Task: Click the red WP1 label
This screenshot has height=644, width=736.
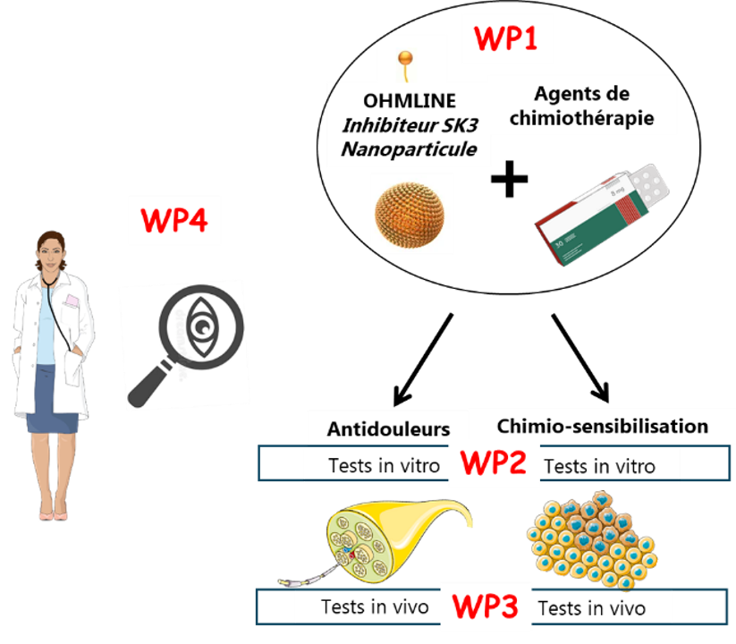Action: click(x=505, y=38)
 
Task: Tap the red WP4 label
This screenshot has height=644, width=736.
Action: click(x=174, y=219)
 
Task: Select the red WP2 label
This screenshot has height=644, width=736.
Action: click(x=494, y=462)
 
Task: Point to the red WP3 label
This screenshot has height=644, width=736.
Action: click(x=486, y=606)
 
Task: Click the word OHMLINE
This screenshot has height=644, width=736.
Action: click(x=410, y=100)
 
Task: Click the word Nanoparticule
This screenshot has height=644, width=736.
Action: click(x=409, y=149)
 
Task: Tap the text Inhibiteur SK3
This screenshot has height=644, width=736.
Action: click(x=410, y=125)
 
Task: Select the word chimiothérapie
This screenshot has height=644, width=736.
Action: click(x=581, y=118)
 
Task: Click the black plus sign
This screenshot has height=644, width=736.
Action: click(x=509, y=179)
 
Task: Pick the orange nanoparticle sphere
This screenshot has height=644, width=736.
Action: click(x=410, y=215)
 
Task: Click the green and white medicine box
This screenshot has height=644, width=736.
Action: click(x=603, y=215)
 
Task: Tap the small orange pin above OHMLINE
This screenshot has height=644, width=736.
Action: click(x=405, y=65)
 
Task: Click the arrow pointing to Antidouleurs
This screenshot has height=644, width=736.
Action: click(x=423, y=360)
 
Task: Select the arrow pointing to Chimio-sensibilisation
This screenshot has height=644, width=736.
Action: click(x=580, y=358)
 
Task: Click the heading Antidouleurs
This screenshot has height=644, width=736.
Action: click(x=388, y=428)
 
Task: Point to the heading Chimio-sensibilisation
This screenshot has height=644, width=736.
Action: click(x=602, y=427)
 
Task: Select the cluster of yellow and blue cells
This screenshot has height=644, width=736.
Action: click(x=592, y=539)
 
